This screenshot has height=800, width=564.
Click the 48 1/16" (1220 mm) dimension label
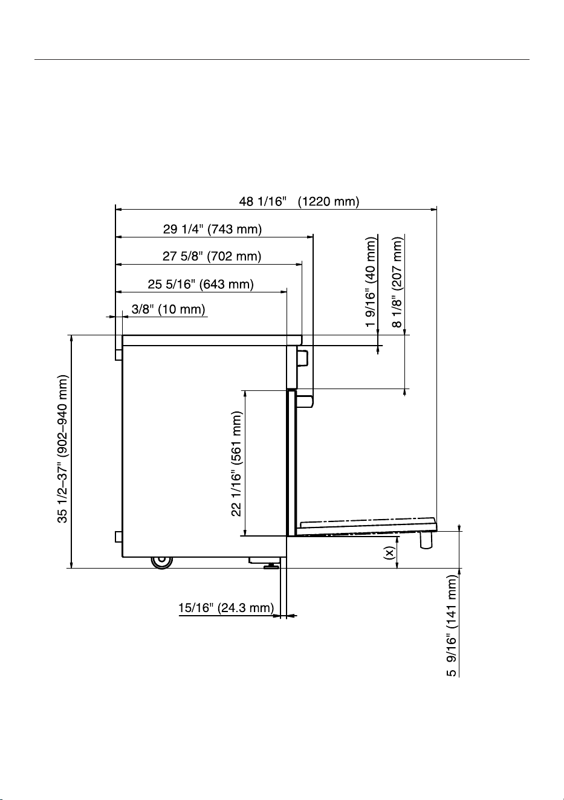[x=299, y=202]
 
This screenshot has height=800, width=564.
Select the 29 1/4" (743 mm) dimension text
[x=212, y=229]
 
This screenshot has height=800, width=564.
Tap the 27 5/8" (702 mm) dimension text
[x=212, y=256]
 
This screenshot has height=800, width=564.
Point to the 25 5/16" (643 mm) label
[x=201, y=284]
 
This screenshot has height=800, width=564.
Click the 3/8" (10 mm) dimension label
[x=168, y=309]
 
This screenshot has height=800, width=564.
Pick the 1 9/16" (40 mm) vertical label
[x=371, y=282]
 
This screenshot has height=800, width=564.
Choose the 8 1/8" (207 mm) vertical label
[x=397, y=282]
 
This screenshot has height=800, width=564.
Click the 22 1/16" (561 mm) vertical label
[x=236, y=464]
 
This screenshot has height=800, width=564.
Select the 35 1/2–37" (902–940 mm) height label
[x=62, y=449]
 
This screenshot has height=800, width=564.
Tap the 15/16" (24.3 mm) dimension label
[x=226, y=607]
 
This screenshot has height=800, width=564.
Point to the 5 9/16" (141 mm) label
[x=452, y=626]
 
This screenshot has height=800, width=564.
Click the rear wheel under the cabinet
[x=161, y=562]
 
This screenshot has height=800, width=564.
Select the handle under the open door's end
[x=426, y=540]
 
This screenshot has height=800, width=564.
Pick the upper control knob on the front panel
[x=302, y=358]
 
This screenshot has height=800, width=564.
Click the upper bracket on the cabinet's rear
[x=118, y=354]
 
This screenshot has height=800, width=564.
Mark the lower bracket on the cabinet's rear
[x=118, y=537]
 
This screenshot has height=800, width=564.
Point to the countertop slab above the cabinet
[x=212, y=340]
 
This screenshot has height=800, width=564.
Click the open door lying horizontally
[x=366, y=527]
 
